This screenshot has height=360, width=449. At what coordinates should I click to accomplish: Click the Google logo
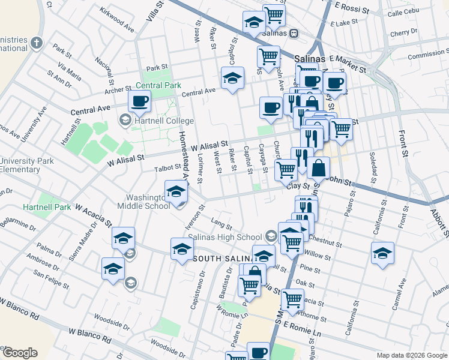[19, 353]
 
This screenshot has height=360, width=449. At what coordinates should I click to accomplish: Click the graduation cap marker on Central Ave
[232, 78]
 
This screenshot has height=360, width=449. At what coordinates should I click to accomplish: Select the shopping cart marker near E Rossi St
[274, 15]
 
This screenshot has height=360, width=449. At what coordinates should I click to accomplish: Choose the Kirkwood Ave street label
[118, 20]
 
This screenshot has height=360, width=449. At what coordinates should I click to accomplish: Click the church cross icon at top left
[37, 42]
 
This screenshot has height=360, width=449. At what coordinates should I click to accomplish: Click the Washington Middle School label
[147, 202]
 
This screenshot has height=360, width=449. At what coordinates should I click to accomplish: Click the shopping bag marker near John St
[319, 167]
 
